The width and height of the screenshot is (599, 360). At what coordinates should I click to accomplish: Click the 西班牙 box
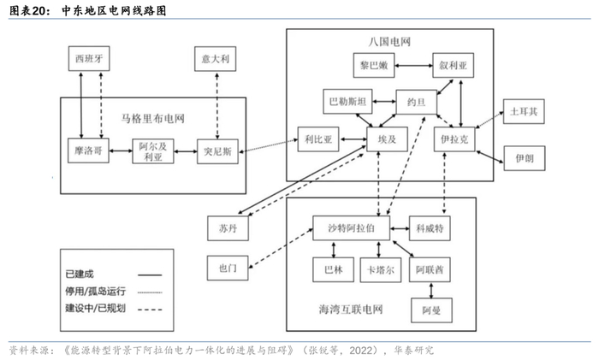click(92, 60)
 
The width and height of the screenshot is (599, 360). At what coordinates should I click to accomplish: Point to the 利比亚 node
click(317, 138)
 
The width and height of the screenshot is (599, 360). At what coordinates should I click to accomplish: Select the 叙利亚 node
click(453, 65)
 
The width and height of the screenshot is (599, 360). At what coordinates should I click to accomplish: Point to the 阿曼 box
click(430, 310)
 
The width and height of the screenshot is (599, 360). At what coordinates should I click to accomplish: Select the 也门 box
click(228, 268)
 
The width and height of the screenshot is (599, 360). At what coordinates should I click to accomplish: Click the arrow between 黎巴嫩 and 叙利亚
click(415, 65)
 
